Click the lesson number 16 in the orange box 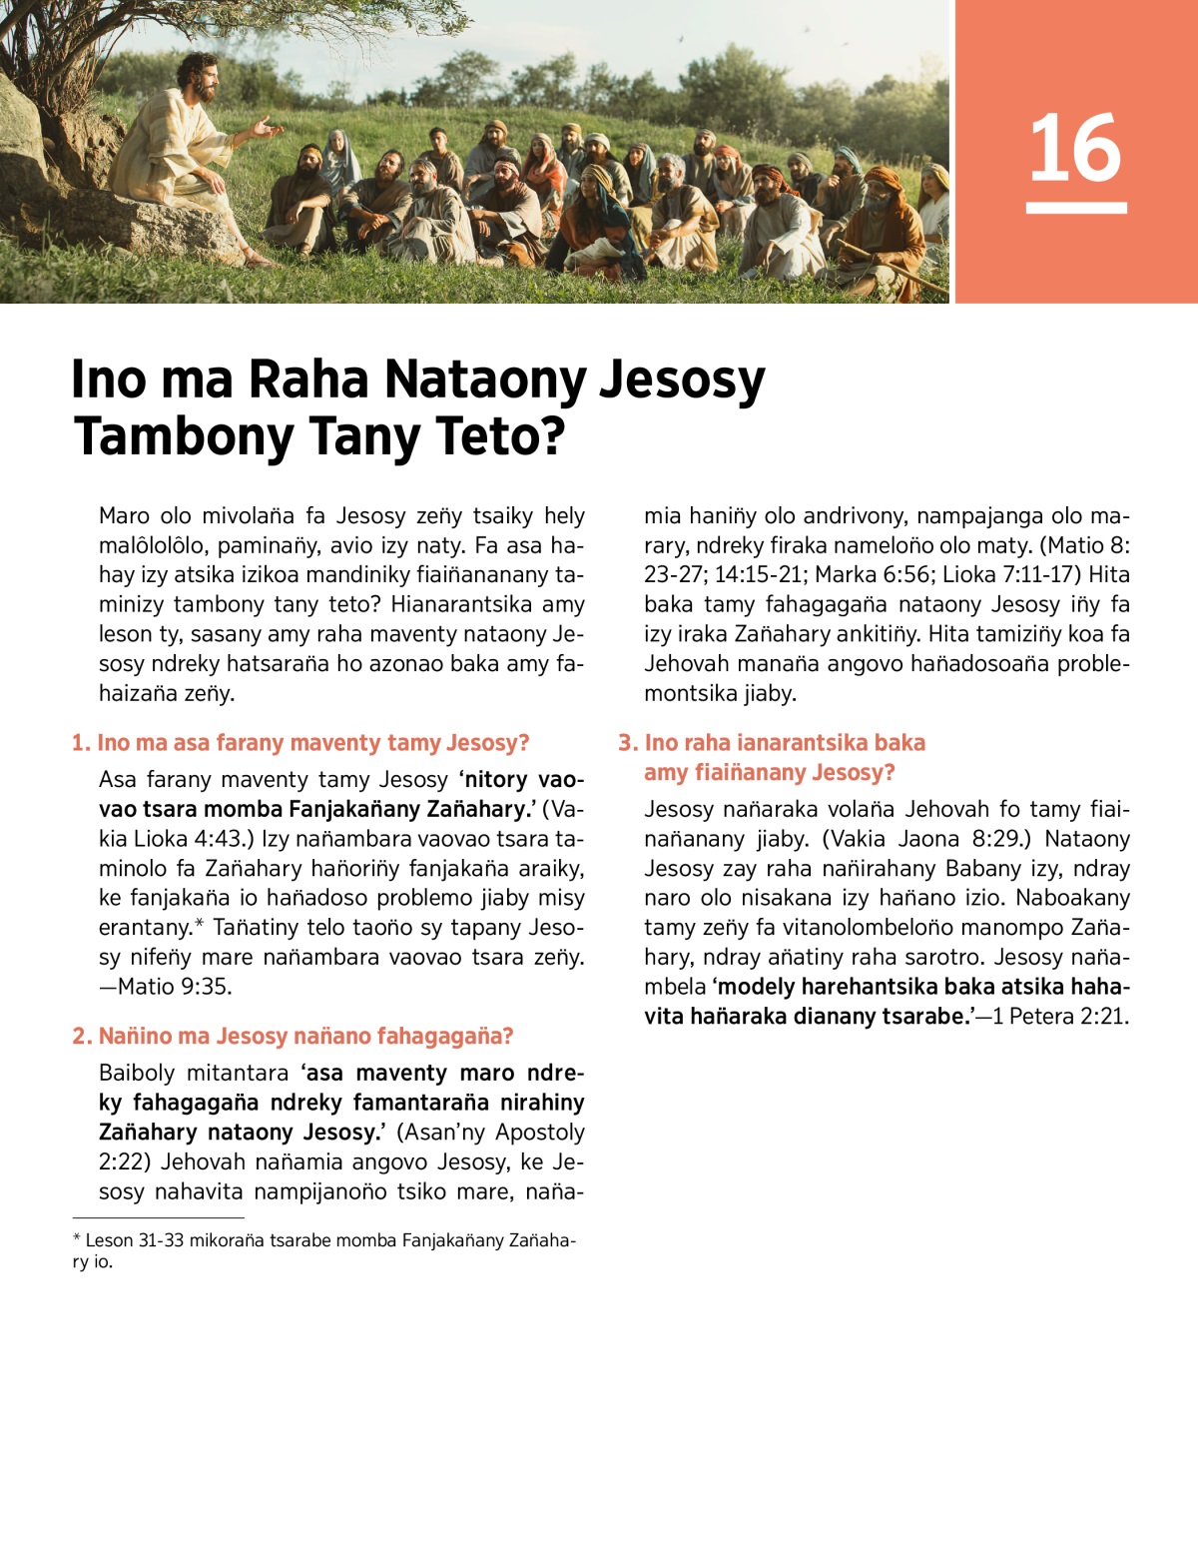pyautogui.click(x=1075, y=148)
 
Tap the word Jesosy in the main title pyautogui.click(x=682, y=380)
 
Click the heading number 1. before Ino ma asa pyautogui.click(x=81, y=743)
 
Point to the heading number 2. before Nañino pyautogui.click(x=82, y=1037)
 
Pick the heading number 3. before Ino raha pyautogui.click(x=628, y=743)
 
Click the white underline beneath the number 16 pyautogui.click(x=1075, y=208)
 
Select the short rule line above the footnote pyautogui.click(x=158, y=1218)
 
